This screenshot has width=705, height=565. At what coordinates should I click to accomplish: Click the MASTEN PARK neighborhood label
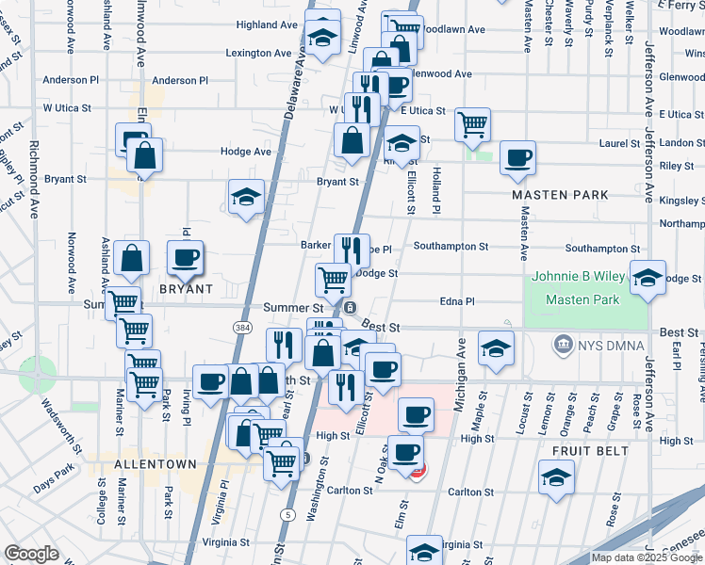tap(560, 195)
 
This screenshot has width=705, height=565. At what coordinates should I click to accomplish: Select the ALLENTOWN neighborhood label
tap(156, 464)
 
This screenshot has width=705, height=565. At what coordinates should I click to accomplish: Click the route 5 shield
tap(287, 514)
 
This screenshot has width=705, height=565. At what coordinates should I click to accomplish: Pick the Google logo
tap(31, 555)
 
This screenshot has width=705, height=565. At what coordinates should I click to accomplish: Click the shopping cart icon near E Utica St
tap(472, 123)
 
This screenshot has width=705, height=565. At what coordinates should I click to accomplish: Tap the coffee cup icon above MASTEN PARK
tap(516, 157)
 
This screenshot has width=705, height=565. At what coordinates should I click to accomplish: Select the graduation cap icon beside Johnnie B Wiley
tap(648, 278)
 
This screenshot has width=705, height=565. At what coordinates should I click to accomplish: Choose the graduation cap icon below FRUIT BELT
tap(557, 476)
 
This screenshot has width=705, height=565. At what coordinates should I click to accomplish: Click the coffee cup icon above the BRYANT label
tap(186, 257)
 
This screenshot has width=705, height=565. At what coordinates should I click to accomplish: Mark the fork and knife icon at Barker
tap(352, 250)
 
